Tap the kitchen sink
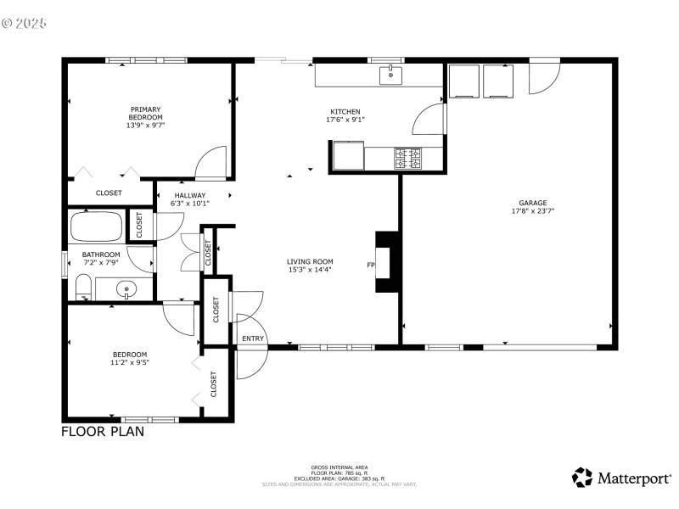(x=390, y=75)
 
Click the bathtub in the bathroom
(x=97, y=227)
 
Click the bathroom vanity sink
(x=126, y=290)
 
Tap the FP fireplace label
(x=370, y=266)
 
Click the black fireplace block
(x=388, y=262)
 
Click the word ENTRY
(x=253, y=338)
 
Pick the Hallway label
(x=189, y=195)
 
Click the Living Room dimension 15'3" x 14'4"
(x=310, y=270)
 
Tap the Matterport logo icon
(x=582, y=478)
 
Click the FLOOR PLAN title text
(x=103, y=432)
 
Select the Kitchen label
(x=345, y=112)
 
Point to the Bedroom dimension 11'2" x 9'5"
(x=130, y=362)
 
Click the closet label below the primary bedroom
(x=109, y=193)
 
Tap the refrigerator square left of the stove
(x=347, y=156)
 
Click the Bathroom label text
(x=101, y=255)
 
